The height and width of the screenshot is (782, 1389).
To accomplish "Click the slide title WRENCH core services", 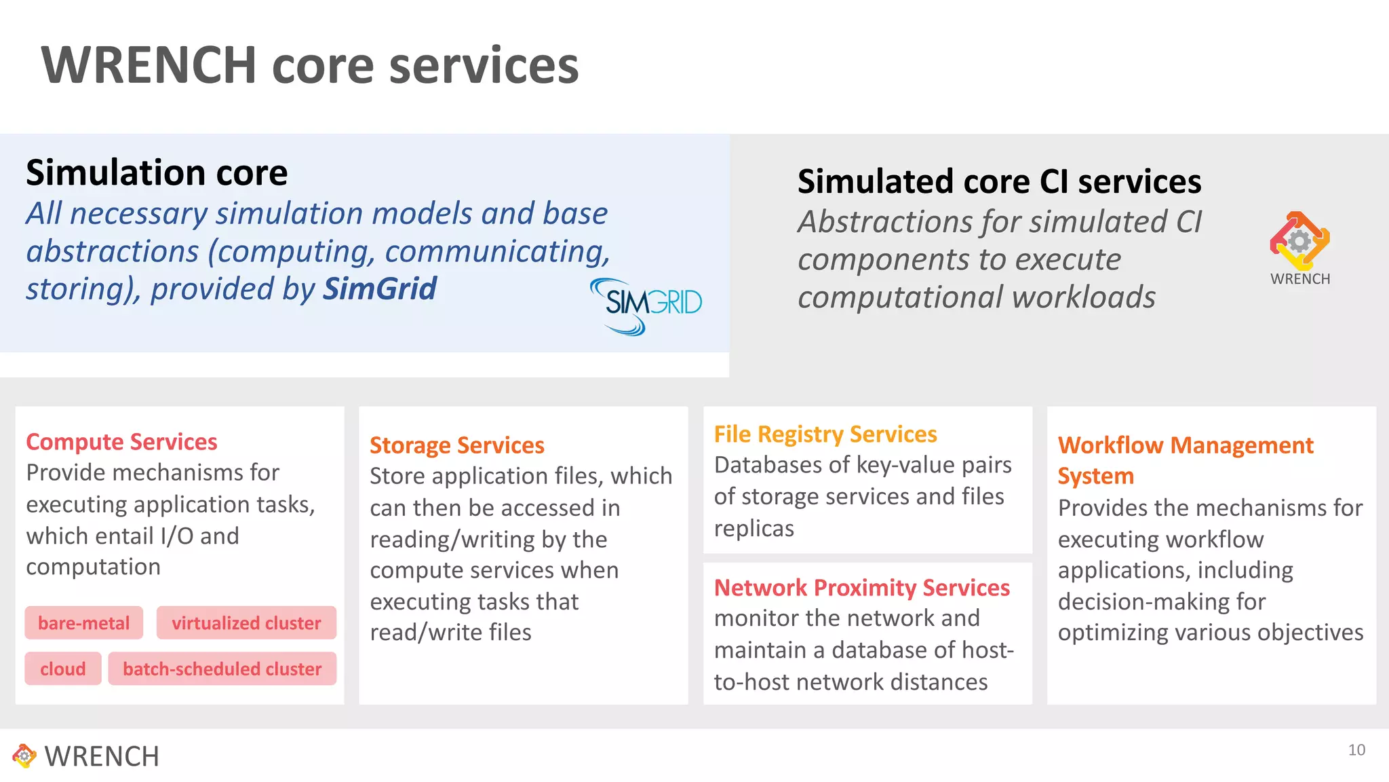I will [310, 66].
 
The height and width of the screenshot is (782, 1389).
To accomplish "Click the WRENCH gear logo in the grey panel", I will [1299, 241].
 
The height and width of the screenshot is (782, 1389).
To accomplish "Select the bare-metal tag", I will [84, 623].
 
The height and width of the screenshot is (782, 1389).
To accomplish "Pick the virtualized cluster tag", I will [246, 623].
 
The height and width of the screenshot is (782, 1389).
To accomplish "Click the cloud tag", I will [63, 669].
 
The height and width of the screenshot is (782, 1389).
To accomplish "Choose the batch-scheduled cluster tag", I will [222, 669].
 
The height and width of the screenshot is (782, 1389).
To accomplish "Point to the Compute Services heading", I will [122, 442].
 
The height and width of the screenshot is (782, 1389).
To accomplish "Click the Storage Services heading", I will [457, 445].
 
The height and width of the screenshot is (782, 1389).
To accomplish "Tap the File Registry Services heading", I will [825, 434].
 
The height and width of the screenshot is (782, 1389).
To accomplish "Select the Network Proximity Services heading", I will [862, 588].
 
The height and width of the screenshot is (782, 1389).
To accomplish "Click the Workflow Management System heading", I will [1186, 460].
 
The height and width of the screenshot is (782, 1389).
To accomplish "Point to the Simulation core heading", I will [157, 173].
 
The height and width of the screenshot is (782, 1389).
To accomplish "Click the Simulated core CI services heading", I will [999, 182].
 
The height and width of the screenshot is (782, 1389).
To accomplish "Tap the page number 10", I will [1356, 750].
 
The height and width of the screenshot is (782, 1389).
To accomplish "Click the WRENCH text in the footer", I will [102, 757].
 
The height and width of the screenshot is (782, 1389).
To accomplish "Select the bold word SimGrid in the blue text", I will [380, 288].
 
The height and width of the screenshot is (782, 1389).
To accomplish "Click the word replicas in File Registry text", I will [754, 528].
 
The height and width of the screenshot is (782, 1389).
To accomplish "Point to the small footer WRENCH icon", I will [24, 756].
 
